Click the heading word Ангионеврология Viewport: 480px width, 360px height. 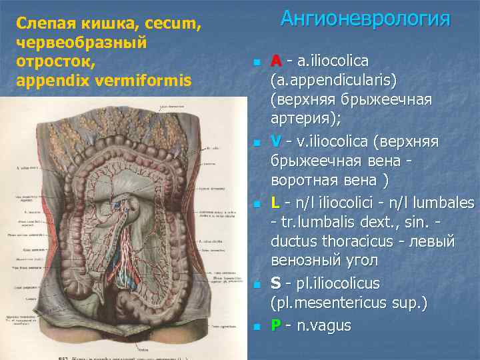[x=365, y=18]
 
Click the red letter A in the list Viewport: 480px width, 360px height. [x=276, y=61]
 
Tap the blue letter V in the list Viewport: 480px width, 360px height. [x=276, y=142]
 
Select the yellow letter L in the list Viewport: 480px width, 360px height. [x=275, y=203]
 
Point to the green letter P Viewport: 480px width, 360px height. [x=275, y=325]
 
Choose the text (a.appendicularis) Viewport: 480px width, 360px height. [x=333, y=81]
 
